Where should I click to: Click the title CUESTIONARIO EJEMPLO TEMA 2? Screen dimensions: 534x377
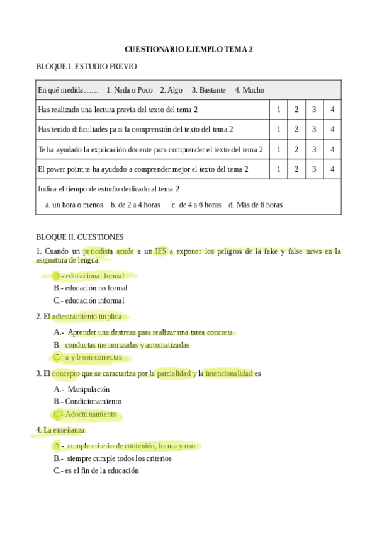pyautogui.click(x=188, y=49)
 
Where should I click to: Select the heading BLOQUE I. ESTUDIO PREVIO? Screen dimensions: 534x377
pyautogui.click(x=86, y=66)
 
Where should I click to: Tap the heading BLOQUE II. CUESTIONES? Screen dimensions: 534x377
pyautogui.click(x=80, y=237)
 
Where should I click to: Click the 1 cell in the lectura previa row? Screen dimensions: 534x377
pyautogui.click(x=279, y=110)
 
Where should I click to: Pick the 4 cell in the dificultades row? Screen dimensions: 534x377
pyautogui.click(x=332, y=129)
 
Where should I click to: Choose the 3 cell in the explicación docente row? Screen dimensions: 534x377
pyautogui.click(x=314, y=149)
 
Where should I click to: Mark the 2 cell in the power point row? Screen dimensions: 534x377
pyautogui.click(x=296, y=169)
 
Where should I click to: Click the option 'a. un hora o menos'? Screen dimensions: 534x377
pyautogui.click(x=74, y=205)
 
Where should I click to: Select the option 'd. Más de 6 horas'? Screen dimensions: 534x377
pyautogui.click(x=256, y=205)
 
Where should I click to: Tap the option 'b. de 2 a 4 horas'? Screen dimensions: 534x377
pyautogui.click(x=135, y=205)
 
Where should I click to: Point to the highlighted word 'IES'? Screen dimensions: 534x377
pyautogui.click(x=161, y=251)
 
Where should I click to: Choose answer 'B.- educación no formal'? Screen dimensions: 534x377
pyautogui.click(x=91, y=288)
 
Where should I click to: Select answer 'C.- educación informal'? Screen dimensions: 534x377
pyautogui.click(x=89, y=300)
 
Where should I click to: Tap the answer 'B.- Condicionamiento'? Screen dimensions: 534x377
pyautogui.click(x=87, y=401)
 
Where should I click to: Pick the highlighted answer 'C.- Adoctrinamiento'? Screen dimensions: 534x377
pyautogui.click(x=86, y=414)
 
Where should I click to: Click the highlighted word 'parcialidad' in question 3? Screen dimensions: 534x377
pyautogui.click(x=174, y=373)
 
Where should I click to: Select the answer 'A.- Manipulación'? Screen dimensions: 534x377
pyautogui.click(x=82, y=389)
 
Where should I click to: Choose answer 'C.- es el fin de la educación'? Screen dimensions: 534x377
pyautogui.click(x=96, y=470)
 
